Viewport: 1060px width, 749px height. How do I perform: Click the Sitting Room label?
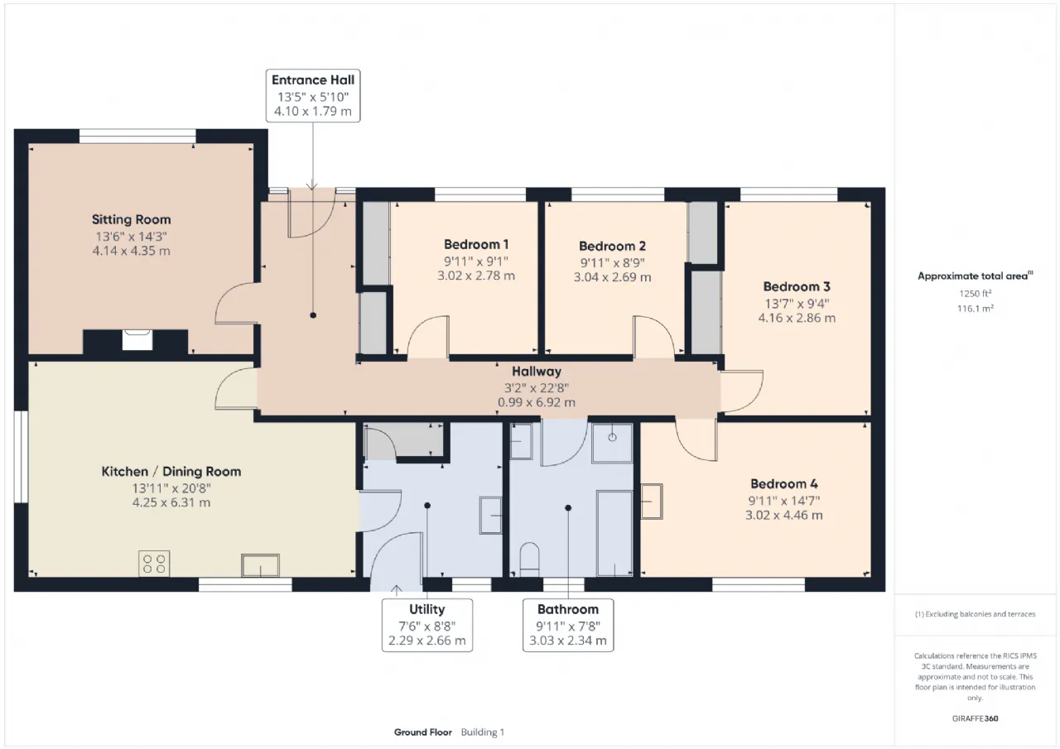pyautogui.click(x=131, y=219)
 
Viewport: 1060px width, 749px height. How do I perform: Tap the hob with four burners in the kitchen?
pyautogui.click(x=154, y=563)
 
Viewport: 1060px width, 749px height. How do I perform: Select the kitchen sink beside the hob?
pyautogui.click(x=260, y=565)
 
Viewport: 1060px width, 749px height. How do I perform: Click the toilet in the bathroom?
pyautogui.click(x=529, y=559)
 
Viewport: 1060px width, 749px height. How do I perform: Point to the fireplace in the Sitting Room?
pyautogui.click(x=137, y=340)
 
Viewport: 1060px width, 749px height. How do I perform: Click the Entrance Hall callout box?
pyautogui.click(x=313, y=95)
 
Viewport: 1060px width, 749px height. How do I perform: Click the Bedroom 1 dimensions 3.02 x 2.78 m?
pyautogui.click(x=476, y=276)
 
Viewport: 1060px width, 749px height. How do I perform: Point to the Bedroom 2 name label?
pyautogui.click(x=612, y=246)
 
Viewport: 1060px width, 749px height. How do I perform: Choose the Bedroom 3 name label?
pyautogui.click(x=797, y=286)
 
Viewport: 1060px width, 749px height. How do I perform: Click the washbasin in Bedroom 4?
pyautogui.click(x=652, y=502)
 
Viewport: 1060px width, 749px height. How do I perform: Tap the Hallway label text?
pyautogui.click(x=537, y=372)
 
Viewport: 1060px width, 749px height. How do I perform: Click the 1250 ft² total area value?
pyautogui.click(x=976, y=293)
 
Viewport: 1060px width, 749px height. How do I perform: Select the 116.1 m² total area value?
pyautogui.click(x=976, y=309)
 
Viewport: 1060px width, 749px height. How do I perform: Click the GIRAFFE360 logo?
pyautogui.click(x=976, y=718)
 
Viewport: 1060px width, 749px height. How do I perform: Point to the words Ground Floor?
pyautogui.click(x=423, y=732)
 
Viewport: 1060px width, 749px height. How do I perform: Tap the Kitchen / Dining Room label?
pyautogui.click(x=171, y=472)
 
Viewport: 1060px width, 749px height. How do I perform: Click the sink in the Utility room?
pyautogui.click(x=491, y=516)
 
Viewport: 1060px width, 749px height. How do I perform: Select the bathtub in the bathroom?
pyautogui.click(x=614, y=533)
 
